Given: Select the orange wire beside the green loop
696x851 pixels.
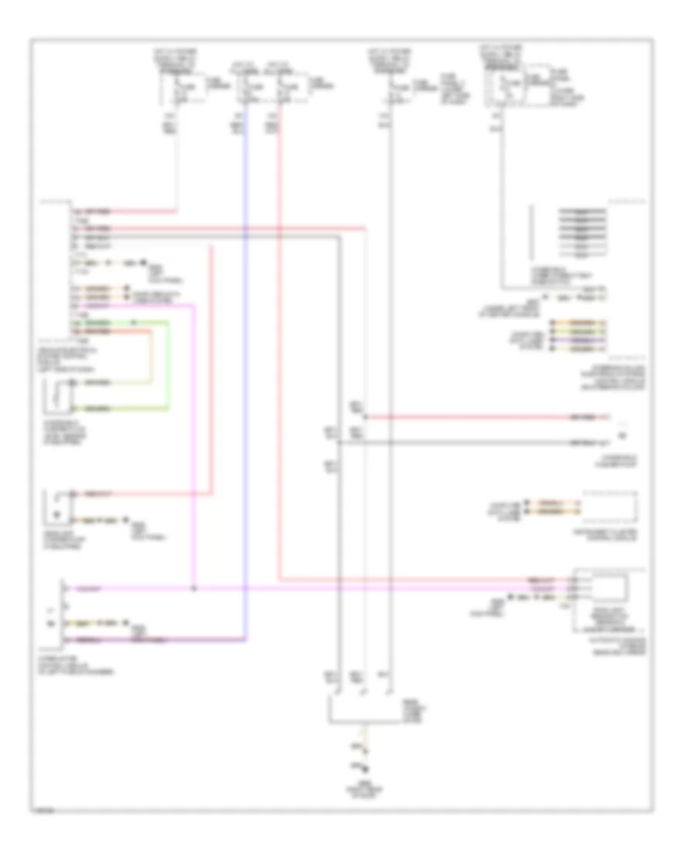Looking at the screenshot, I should [x=151, y=356].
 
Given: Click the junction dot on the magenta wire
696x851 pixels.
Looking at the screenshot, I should [x=193, y=589].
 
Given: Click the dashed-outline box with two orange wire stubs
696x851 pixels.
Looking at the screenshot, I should [x=611, y=507].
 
